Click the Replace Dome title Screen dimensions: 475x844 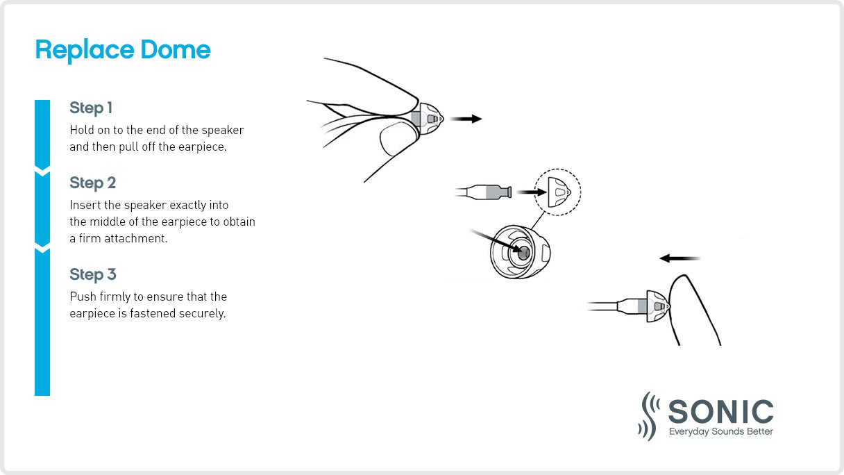coord(122,50)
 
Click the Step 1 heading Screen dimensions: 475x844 coord(91,108)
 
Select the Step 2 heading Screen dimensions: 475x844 coord(92,183)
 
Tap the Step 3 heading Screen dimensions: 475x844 coord(92,275)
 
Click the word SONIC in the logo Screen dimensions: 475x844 coord(720,412)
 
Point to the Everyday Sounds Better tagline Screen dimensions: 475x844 coord(720,432)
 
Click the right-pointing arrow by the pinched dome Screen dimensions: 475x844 coord(465,119)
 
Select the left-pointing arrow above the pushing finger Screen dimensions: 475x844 coord(680,258)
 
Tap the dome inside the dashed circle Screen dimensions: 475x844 coord(559,192)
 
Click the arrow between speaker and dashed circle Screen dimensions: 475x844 coord(530,191)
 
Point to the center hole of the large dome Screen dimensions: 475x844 coord(523,253)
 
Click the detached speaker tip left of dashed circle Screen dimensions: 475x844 coord(489,191)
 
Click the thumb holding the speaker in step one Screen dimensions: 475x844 coord(397,140)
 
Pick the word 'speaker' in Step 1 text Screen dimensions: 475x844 coord(225,131)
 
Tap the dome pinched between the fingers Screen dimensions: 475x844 coord(430,117)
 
